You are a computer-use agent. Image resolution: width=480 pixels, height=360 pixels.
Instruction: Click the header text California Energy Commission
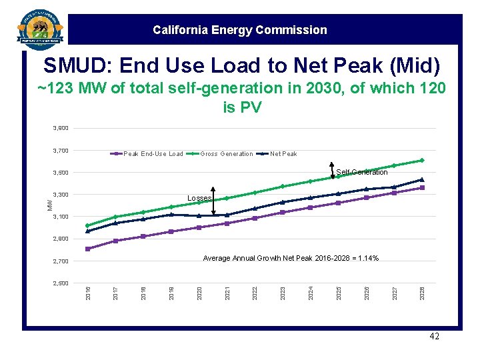point(239,30)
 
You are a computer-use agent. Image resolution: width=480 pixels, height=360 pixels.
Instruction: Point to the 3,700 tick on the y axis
point(60,151)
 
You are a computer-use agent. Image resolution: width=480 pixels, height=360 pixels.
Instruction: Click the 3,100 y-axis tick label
point(60,217)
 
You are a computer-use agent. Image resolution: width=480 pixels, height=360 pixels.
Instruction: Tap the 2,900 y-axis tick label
point(60,239)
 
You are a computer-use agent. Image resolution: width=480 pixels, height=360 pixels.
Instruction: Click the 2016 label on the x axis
point(88,292)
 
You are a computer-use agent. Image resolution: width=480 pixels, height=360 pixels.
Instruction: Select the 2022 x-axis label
point(255,292)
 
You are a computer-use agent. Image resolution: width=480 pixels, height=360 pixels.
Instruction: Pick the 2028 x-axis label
point(421,292)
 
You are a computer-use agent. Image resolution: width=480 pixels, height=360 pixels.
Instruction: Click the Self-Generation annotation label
point(362,173)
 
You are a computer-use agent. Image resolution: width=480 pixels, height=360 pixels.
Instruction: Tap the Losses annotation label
point(199,199)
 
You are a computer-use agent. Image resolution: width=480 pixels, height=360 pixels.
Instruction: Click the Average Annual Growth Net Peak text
point(291,258)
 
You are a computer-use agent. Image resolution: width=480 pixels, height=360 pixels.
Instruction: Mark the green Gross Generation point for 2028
point(421,160)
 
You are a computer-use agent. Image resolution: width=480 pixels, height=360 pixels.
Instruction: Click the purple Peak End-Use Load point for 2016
point(88,249)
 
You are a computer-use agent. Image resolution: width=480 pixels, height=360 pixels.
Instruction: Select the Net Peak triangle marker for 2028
point(421,179)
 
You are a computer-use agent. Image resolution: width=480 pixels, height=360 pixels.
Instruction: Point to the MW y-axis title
point(49,204)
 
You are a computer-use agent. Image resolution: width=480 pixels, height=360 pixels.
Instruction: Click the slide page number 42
point(434,337)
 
